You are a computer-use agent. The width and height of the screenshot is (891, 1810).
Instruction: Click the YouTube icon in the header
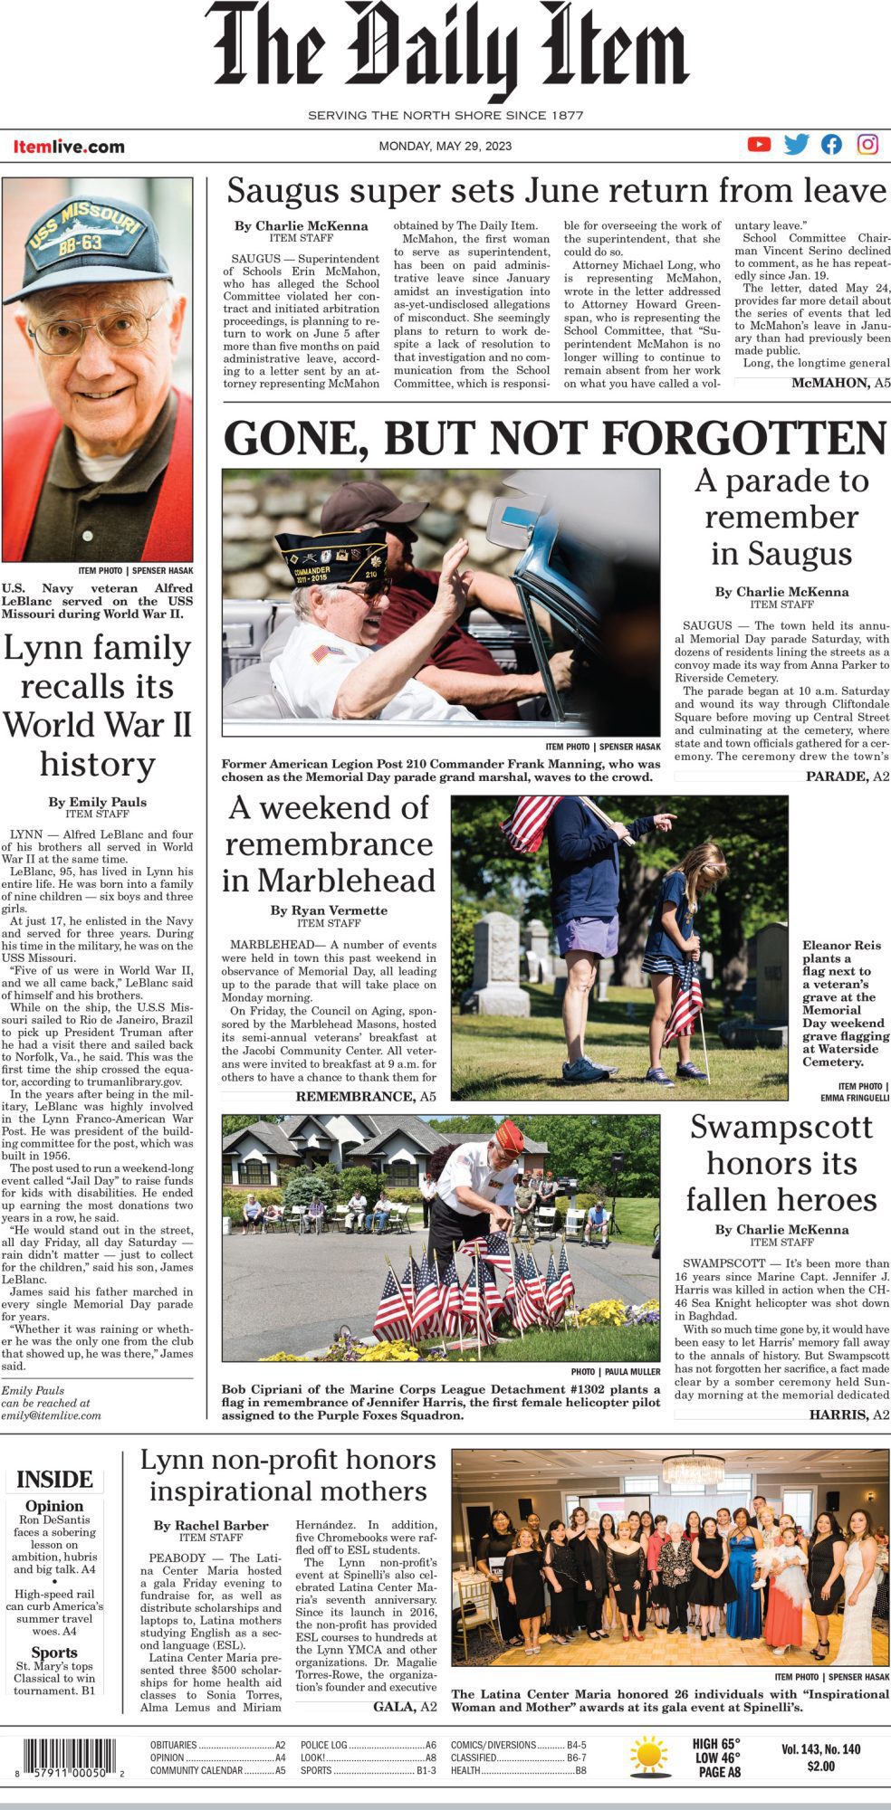(x=759, y=144)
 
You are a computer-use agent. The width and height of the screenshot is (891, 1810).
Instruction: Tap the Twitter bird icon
(x=796, y=144)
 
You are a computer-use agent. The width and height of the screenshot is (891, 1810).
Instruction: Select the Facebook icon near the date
(x=831, y=144)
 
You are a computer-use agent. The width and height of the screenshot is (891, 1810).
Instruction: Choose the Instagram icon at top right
(x=867, y=144)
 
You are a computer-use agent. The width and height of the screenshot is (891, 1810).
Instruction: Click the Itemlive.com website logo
(x=69, y=147)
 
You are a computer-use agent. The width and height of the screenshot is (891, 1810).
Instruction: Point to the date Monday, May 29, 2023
(x=445, y=146)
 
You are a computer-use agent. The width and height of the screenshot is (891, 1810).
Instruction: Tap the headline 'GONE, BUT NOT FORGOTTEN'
(x=554, y=438)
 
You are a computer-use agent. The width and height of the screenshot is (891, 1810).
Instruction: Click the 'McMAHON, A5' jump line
(x=840, y=384)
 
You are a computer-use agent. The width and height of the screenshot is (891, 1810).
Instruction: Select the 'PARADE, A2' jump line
(x=848, y=776)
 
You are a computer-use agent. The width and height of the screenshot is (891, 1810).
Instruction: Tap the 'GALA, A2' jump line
(x=405, y=1706)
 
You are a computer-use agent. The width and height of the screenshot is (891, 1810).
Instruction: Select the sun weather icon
(x=649, y=1756)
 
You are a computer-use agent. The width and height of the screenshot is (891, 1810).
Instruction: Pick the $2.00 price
(x=820, y=1766)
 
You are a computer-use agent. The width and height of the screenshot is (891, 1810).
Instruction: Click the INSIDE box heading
(x=54, y=1480)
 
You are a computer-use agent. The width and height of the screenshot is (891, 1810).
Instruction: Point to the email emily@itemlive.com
(x=51, y=1415)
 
